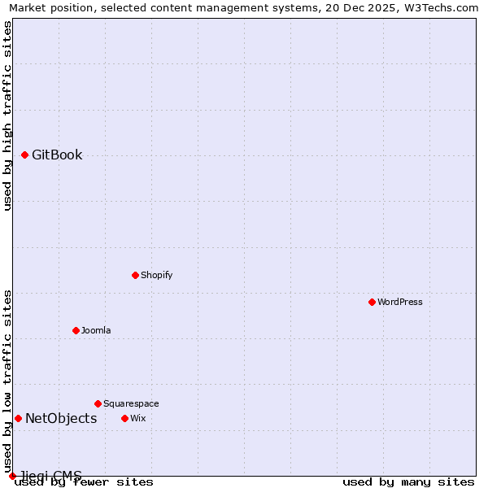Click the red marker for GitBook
[x=25, y=155]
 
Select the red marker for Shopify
[x=135, y=275]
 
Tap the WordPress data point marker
[x=372, y=302]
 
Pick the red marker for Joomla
[x=76, y=330]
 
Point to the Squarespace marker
[x=98, y=403]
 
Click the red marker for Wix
[x=124, y=418]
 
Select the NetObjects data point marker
[x=18, y=418]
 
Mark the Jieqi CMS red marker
[x=12, y=476]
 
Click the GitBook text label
[x=57, y=155]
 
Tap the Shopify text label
[x=156, y=275]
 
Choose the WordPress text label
[x=399, y=302]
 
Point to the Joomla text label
[x=96, y=330]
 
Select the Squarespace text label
[x=131, y=403]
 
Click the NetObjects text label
[x=61, y=418]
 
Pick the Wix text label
[x=137, y=418]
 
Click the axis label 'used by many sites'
[x=408, y=481]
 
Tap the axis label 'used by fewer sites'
[x=84, y=481]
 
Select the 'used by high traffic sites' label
[x=7, y=115]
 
